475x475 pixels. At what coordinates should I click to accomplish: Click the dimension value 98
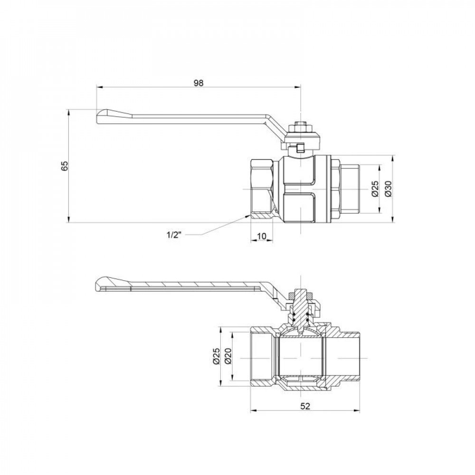(199, 83)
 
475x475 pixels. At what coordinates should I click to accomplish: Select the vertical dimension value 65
(65, 166)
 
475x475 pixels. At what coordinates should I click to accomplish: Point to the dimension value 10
(261, 236)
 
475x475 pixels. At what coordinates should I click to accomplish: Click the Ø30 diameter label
(388, 189)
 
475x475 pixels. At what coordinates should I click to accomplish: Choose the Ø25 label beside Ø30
(374, 189)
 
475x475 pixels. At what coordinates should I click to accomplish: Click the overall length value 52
(305, 406)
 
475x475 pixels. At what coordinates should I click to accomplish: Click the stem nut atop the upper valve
(301, 126)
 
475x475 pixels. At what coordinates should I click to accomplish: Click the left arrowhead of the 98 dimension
(99, 87)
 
